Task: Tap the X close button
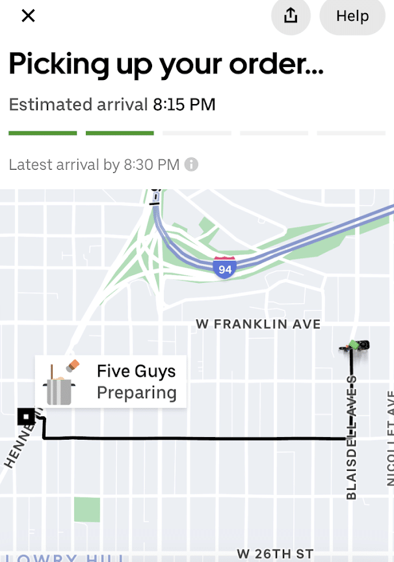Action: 28,16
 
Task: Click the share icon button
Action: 291,16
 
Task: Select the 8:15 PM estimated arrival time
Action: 184,104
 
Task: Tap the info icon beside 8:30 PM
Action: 191,165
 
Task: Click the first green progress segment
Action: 42,133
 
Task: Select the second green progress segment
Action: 120,133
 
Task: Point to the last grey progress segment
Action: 355,133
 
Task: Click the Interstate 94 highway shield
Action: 224,267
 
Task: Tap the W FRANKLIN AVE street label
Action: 258,324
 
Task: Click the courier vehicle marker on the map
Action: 355,345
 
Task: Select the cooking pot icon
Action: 60,383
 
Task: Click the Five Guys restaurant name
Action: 136,371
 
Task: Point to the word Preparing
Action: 137,393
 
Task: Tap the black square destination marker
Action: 27,416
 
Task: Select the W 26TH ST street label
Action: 275,554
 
